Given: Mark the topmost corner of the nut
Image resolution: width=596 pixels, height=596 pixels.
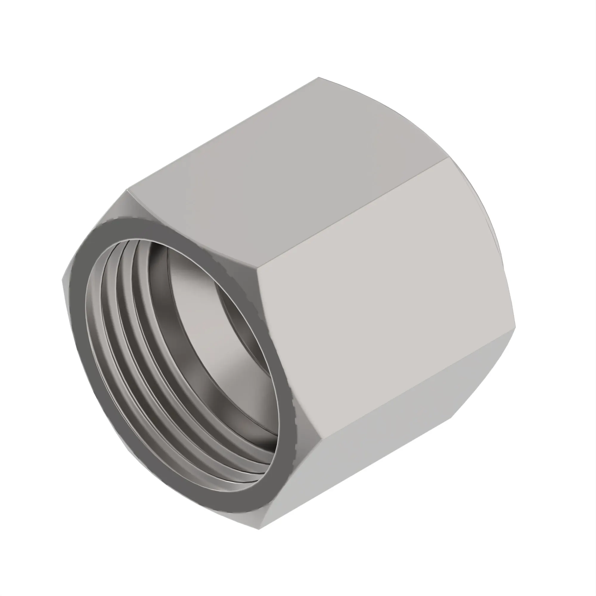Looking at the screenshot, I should coord(319,77).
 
